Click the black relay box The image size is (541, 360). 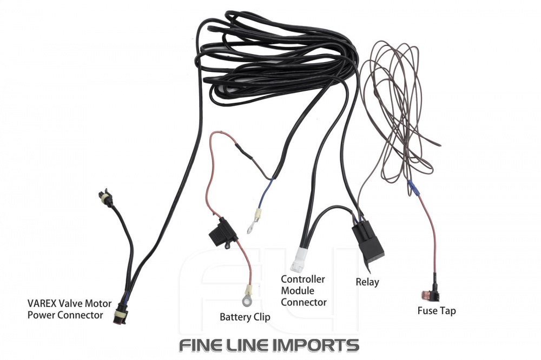coord(368,243)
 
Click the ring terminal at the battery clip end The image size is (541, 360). coord(250,295)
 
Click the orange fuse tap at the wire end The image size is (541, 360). coord(431,296)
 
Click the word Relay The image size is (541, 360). coord(367,282)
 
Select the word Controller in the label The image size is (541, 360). coord(303,279)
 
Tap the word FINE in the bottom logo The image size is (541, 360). coord(201,344)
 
